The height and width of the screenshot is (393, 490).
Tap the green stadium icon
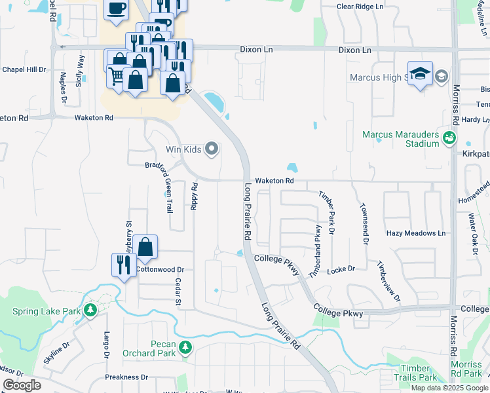pos(449,137)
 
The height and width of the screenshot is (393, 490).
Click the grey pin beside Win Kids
pos(211,149)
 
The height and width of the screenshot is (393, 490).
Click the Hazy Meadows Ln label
pos(415,233)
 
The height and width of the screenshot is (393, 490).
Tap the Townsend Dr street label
pos(364,222)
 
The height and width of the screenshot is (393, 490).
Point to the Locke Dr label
pos(341,269)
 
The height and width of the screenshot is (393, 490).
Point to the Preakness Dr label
pos(126,377)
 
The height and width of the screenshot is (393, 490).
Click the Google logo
pos(22,385)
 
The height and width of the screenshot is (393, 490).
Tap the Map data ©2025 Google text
pos(449,388)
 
